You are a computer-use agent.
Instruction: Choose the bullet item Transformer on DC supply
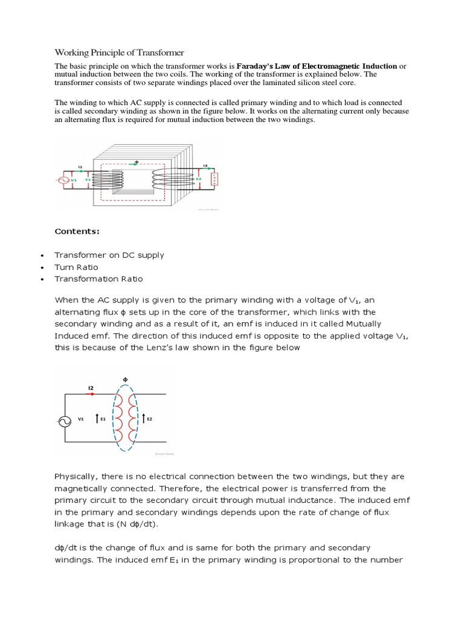point(109,255)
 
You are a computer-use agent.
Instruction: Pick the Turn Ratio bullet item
point(76,267)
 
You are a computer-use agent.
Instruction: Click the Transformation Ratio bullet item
point(98,279)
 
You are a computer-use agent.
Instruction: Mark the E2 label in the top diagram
point(199,179)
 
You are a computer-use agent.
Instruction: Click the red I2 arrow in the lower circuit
point(91,393)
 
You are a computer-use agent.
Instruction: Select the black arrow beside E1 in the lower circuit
point(96,418)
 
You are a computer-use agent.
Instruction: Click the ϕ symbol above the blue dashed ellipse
point(126,380)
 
